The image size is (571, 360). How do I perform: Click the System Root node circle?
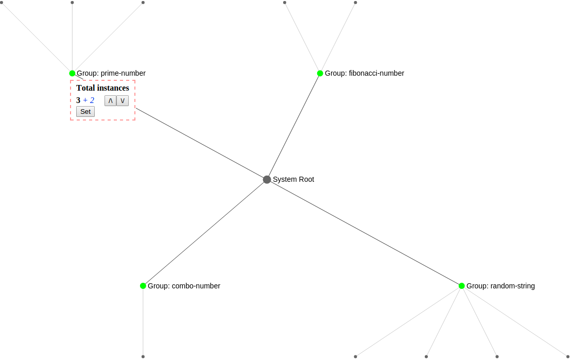[x=267, y=179]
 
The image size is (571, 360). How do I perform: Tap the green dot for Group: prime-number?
[x=72, y=73]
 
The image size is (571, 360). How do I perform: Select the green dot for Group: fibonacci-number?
[x=320, y=73]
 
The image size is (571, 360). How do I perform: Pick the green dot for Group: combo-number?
[x=143, y=286]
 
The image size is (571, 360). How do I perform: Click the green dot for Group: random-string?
[x=461, y=286]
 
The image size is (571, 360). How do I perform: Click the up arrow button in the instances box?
[x=110, y=100]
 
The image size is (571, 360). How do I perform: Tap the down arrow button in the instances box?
[x=123, y=100]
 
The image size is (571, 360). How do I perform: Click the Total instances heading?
[x=102, y=88]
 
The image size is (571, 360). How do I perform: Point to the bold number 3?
[x=78, y=100]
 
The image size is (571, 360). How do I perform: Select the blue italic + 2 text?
[x=89, y=100]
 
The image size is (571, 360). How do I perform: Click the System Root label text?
[x=293, y=179]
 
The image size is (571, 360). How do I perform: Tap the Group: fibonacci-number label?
[x=364, y=73]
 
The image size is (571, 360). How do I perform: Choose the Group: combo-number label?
[x=184, y=286]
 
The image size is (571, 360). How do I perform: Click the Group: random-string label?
[x=500, y=286]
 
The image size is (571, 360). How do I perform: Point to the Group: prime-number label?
[x=111, y=73]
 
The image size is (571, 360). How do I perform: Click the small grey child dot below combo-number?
[x=143, y=356]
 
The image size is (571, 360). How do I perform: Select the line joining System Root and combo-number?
[x=205, y=232]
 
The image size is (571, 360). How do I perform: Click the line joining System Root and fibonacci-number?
[x=293, y=126]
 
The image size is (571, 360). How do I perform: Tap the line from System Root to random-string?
[x=364, y=232]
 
